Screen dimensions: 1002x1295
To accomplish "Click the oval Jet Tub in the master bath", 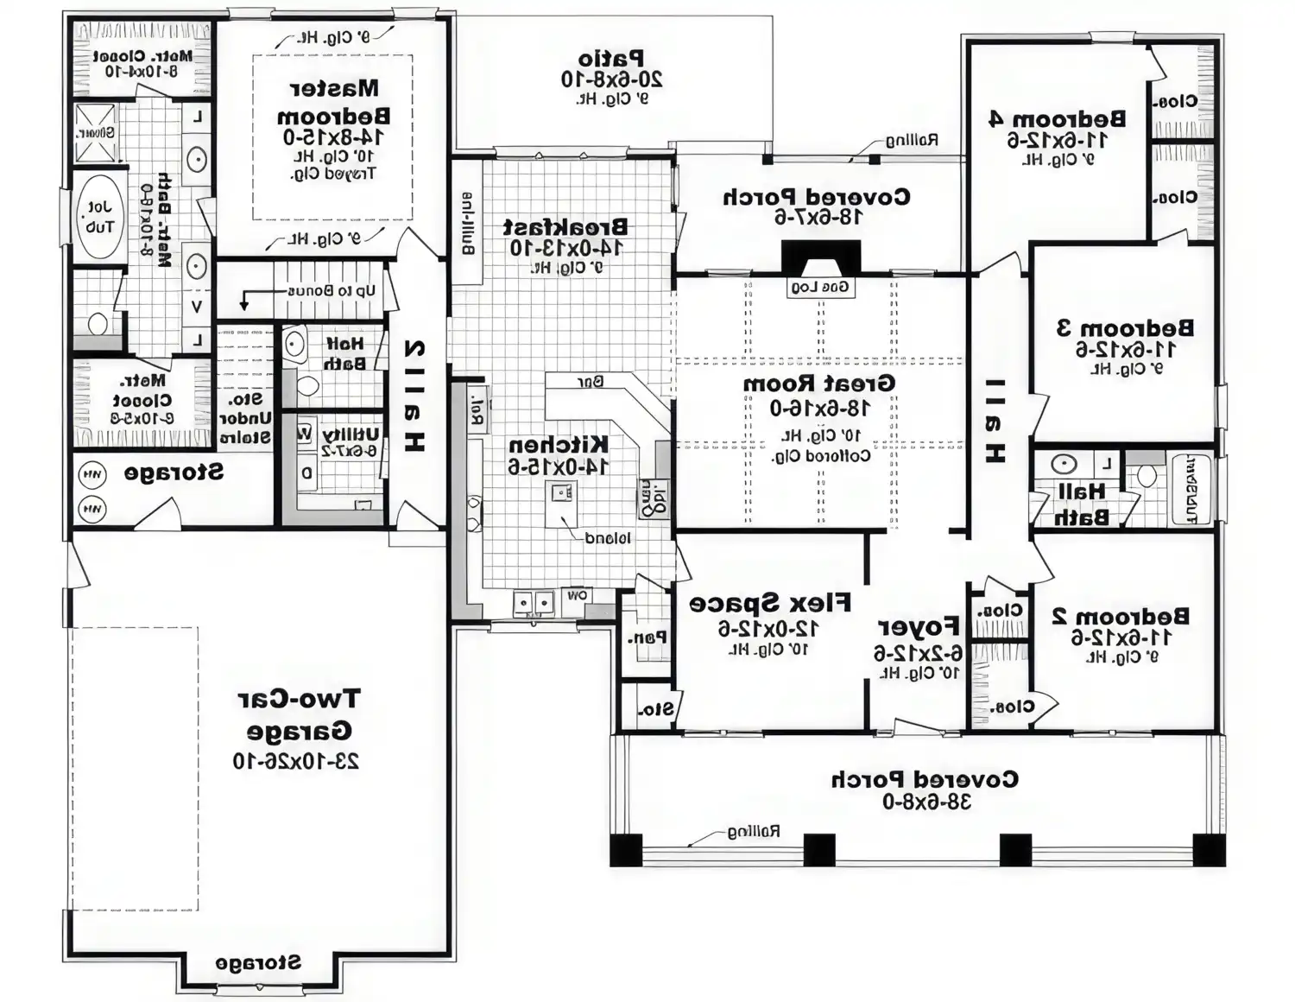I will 98,217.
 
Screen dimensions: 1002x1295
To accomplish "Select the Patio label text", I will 611,59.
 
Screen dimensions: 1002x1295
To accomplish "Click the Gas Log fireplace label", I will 821,287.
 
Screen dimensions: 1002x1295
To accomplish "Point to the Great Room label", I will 819,383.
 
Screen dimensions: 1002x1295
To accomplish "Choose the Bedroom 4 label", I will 1058,118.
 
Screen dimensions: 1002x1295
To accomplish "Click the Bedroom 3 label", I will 1126,328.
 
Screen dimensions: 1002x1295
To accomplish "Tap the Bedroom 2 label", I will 1121,616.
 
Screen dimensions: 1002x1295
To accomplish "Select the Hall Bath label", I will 1081,504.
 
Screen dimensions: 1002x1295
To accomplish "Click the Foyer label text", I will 919,626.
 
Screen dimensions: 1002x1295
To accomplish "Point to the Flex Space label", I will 770,603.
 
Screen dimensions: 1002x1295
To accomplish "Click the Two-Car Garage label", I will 299,714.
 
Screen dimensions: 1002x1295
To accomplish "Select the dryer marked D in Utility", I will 306,473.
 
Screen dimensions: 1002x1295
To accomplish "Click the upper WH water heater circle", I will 92,474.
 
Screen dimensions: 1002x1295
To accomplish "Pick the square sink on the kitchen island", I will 561,493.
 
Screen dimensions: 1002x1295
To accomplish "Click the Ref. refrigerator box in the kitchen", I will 477,406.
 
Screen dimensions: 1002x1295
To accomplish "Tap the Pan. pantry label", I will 647,638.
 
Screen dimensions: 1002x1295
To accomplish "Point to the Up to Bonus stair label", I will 332,290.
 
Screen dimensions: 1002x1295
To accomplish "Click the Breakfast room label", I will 565,227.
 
